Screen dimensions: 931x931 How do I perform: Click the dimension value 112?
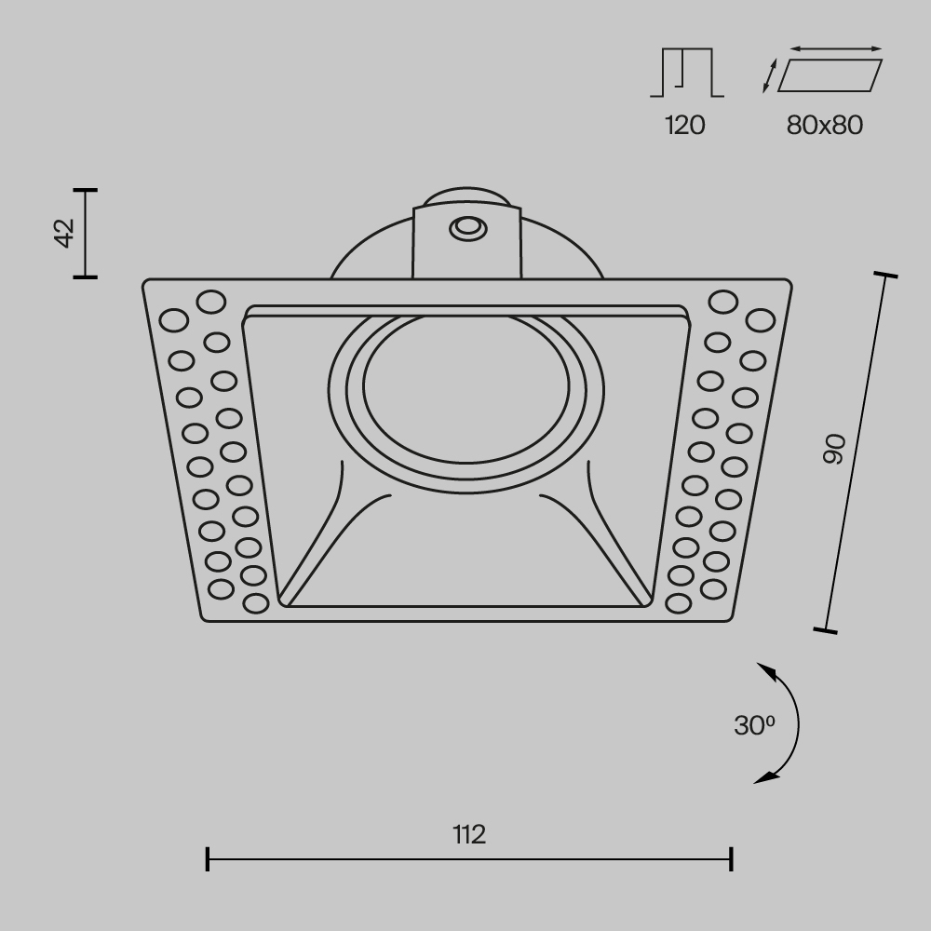[470, 833]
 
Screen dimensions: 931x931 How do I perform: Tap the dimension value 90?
[835, 449]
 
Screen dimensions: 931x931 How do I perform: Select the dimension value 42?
[63, 233]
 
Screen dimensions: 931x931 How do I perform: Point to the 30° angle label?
[754, 725]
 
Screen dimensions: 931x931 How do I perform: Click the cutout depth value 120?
[685, 125]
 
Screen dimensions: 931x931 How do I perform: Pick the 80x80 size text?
[825, 125]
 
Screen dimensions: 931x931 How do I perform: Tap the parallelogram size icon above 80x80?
[829, 75]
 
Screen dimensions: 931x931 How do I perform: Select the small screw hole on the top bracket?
[465, 227]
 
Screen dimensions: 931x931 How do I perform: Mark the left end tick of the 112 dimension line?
[207, 858]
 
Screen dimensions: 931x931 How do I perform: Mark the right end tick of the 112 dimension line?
[732, 858]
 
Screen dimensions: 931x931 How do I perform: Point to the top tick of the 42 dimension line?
[86, 190]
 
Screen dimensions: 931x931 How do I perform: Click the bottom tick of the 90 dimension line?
[825, 631]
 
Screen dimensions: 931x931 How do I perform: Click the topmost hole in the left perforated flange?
[210, 302]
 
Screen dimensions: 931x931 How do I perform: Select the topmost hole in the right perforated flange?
[722, 302]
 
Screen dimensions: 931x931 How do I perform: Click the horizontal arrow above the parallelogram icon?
[835, 48]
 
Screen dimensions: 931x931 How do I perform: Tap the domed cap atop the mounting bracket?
[465, 198]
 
